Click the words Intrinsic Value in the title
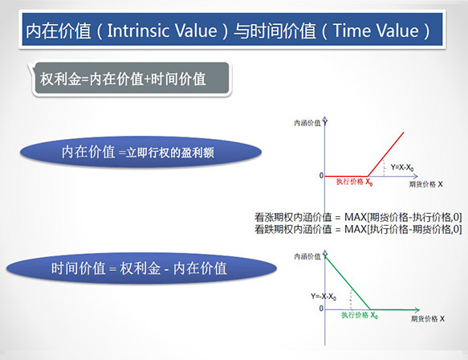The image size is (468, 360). [x=162, y=31]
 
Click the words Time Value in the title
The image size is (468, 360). [x=376, y=31]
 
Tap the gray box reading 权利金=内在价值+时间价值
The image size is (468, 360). [x=132, y=79]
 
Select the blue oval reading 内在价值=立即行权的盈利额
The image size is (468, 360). [x=140, y=152]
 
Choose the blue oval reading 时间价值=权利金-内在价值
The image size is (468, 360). [x=141, y=268]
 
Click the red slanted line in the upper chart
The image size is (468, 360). [x=385, y=154]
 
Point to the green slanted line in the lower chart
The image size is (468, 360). [x=348, y=283]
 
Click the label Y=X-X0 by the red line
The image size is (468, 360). [x=402, y=168]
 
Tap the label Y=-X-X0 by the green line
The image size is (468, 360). [x=324, y=297]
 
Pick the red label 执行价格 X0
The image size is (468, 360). [x=354, y=182]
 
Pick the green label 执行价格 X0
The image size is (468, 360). [x=360, y=315]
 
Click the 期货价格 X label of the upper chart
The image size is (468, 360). [x=425, y=184]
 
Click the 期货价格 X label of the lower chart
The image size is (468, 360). [x=428, y=319]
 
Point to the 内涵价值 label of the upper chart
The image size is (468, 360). [x=307, y=123]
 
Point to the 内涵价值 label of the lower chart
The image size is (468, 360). [x=307, y=256]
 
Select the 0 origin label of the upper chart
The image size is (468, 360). [x=321, y=176]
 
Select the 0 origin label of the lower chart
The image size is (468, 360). [x=321, y=309]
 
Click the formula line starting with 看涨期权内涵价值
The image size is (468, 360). [x=358, y=217]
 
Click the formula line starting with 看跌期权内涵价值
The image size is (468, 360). [x=358, y=229]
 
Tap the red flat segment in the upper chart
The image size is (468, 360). [x=346, y=176]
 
